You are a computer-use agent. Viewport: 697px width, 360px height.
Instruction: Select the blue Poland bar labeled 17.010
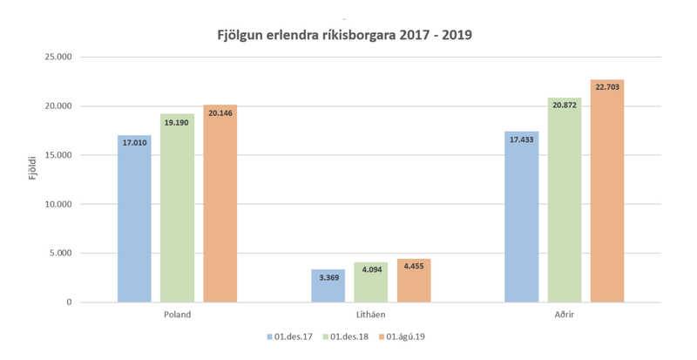[x=134, y=218]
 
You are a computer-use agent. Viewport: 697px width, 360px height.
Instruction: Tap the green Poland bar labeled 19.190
[x=177, y=209]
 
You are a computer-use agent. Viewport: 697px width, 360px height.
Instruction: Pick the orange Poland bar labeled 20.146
[x=220, y=205]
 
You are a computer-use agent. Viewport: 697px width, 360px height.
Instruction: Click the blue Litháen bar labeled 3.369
[x=328, y=286]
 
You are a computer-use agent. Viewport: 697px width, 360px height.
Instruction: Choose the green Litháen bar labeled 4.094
[x=370, y=282]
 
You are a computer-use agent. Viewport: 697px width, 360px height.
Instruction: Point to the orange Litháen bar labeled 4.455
[x=413, y=281]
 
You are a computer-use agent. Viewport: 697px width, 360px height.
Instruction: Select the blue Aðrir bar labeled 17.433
[x=521, y=218]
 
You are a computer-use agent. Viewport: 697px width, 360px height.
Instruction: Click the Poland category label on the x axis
[x=177, y=315]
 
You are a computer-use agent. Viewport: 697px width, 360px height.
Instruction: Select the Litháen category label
[x=370, y=315]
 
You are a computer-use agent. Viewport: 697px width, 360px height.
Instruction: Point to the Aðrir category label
[x=564, y=315]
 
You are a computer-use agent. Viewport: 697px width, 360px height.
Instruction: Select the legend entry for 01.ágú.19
[x=405, y=336]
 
